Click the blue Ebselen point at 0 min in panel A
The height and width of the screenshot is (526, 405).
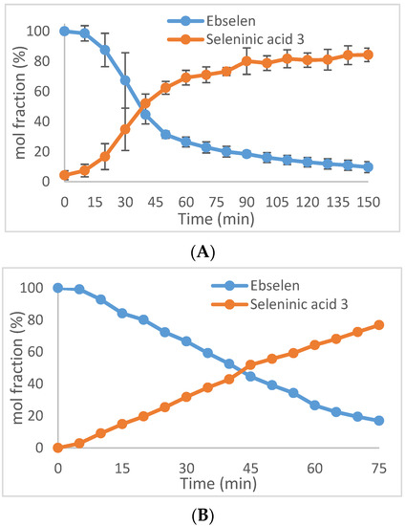point(64,31)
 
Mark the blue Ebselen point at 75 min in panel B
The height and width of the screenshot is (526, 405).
point(380,421)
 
